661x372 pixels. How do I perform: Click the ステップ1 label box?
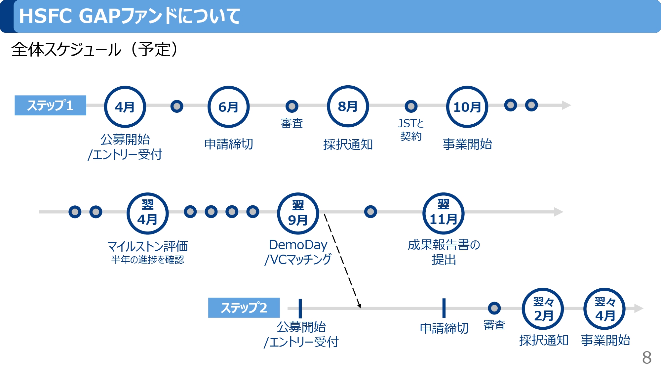50,105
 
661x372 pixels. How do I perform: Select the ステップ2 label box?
244,308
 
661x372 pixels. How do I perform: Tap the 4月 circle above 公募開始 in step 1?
125,107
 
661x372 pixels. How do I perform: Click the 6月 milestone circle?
228,107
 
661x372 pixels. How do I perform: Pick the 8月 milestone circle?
348,106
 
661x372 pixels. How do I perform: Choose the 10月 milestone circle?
467,107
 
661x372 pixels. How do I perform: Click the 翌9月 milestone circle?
298,213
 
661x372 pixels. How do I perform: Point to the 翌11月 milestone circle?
443,213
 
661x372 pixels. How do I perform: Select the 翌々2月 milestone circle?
543,309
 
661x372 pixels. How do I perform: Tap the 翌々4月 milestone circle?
605,309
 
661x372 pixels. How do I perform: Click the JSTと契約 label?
411,130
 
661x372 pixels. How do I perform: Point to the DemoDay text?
298,245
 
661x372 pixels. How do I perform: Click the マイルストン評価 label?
147,246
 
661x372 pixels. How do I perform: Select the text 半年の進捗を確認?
147,260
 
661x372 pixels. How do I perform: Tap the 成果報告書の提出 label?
444,252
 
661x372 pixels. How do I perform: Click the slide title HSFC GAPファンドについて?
130,16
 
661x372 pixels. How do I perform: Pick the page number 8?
646,357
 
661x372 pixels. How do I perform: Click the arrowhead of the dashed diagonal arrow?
359,306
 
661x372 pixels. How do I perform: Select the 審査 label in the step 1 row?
292,123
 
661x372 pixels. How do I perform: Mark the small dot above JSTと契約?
411,106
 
